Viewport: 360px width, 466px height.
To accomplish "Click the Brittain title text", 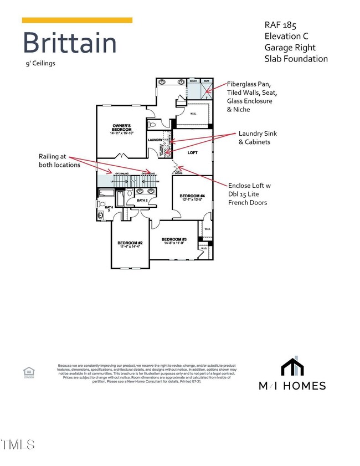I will click(69, 43).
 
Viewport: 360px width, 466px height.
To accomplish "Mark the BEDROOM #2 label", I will click(130, 243).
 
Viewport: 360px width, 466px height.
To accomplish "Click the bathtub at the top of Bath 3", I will click(106, 193).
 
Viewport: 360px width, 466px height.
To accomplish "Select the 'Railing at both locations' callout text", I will click(60, 161).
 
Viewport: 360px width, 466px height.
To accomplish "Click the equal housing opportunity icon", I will click(28, 372).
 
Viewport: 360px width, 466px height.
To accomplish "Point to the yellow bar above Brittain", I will click(77, 21).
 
